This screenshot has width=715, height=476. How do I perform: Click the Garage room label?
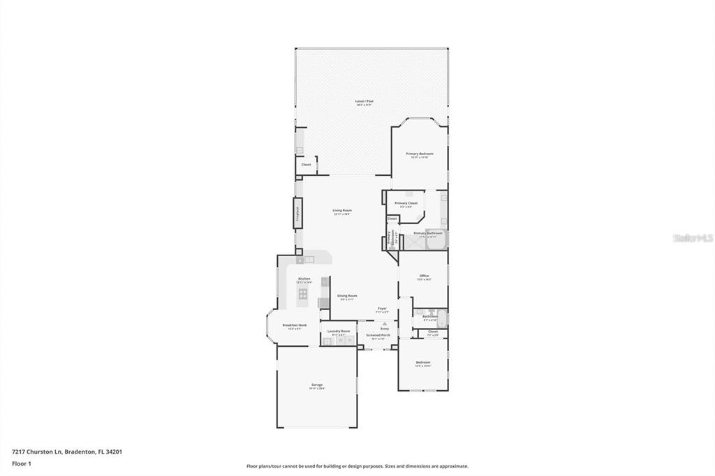click(x=317, y=385)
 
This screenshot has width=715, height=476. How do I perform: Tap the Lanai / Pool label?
click(x=365, y=101)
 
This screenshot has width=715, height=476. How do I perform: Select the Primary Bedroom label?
click(x=420, y=154)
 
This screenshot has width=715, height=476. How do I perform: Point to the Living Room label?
click(x=341, y=210)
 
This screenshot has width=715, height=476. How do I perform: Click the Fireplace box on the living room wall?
click(x=297, y=212)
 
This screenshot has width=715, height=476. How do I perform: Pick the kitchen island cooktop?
click(x=303, y=294)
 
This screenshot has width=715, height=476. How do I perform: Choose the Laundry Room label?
click(x=339, y=331)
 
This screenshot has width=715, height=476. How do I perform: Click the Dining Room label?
click(x=347, y=295)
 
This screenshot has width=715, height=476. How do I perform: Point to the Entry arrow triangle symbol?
click(x=384, y=323)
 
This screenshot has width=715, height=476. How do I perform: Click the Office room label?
click(x=424, y=276)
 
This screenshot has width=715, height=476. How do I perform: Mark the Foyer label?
click(x=382, y=308)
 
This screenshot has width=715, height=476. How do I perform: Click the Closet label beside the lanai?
click(x=306, y=165)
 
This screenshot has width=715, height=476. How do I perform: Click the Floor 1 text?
click(x=22, y=463)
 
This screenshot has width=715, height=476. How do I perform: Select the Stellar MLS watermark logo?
click(x=693, y=237)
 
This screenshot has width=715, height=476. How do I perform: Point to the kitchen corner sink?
click(x=300, y=260)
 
